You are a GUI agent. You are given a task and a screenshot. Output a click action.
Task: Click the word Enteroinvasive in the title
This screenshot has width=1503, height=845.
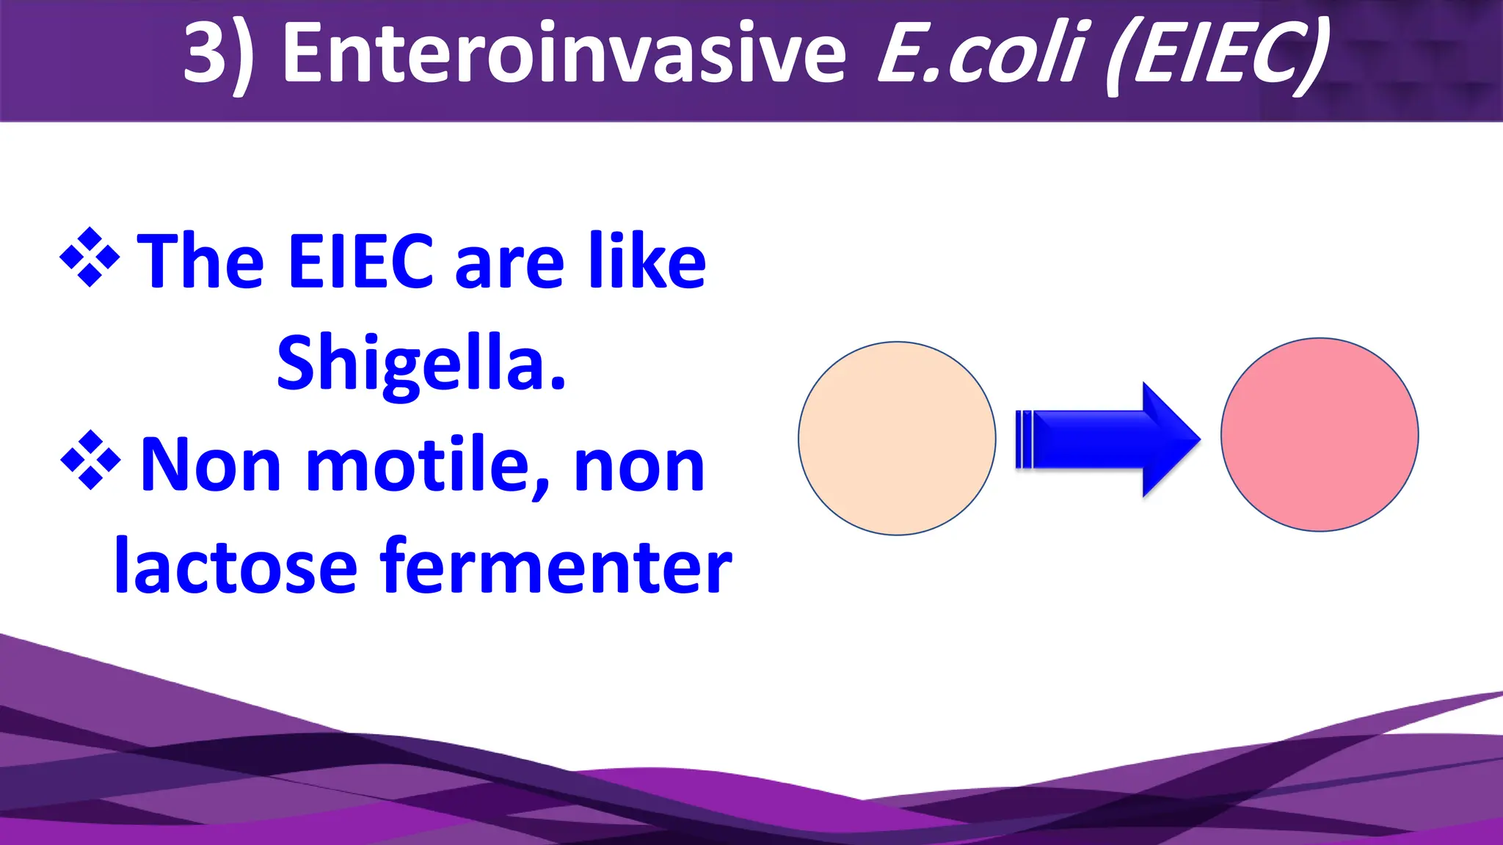[564, 53]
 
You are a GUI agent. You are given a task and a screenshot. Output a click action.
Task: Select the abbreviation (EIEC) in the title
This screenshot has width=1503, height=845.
[1219, 55]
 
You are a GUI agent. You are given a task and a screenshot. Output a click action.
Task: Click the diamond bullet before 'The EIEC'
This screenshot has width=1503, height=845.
[90, 257]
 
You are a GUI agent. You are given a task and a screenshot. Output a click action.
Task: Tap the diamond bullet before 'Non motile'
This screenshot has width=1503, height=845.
[90, 460]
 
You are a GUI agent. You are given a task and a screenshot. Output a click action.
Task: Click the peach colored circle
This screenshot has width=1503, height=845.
[897, 439]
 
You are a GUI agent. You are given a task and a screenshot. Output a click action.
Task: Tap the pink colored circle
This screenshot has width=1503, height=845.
[1320, 435]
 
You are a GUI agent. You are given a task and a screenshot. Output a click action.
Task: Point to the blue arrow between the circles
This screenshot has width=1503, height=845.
[1086, 440]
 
